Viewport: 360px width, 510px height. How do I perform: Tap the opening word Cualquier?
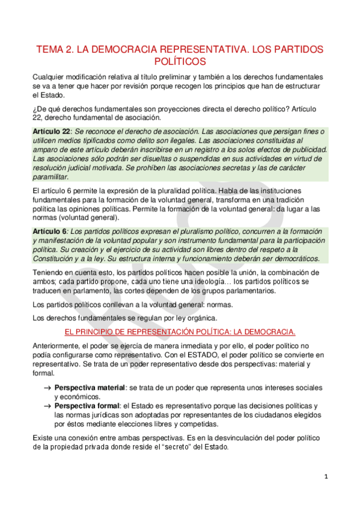click(x=52, y=78)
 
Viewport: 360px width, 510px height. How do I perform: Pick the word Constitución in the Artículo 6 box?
click(x=56, y=259)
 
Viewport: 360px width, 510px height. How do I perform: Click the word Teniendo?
click(x=50, y=272)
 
